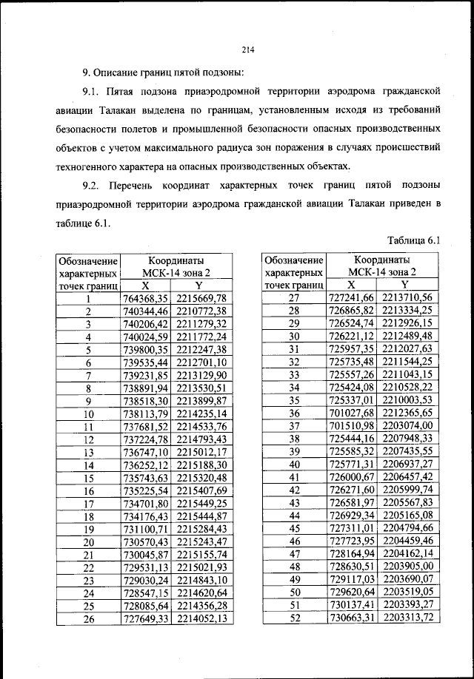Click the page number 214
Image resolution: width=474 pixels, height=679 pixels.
pyautogui.click(x=247, y=50)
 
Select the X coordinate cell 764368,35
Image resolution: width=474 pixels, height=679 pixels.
pyautogui.click(x=145, y=298)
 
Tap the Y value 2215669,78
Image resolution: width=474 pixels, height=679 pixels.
pyautogui.click(x=198, y=298)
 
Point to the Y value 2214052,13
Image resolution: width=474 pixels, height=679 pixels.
pyautogui.click(x=198, y=619)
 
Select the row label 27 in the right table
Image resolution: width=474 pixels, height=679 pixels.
pyautogui.click(x=294, y=298)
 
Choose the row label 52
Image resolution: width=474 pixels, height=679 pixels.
pyautogui.click(x=294, y=619)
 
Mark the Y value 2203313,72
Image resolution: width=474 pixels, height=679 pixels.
pyautogui.click(x=404, y=619)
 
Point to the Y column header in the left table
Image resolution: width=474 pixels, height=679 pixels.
pyautogui.click(x=198, y=285)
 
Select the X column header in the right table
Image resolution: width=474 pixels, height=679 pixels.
pyautogui.click(x=352, y=285)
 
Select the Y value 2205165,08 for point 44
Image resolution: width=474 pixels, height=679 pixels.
pyautogui.click(x=404, y=515)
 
